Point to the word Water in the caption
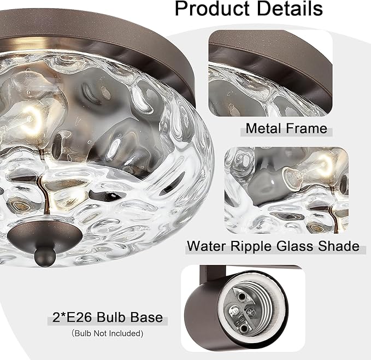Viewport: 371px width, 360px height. point(207,246)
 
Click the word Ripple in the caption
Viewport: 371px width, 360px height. point(250,246)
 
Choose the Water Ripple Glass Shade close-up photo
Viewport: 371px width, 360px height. point(286,189)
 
